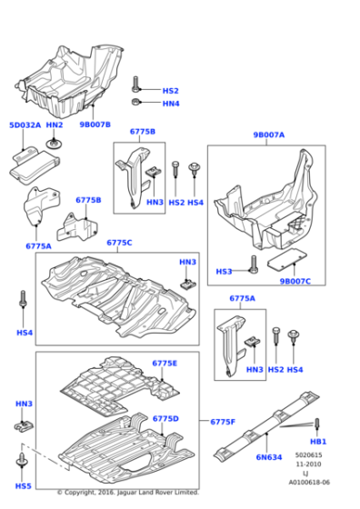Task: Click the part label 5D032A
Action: [x=25, y=125]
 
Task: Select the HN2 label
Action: [x=55, y=125]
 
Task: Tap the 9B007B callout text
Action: [x=95, y=125]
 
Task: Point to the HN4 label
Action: [x=171, y=104]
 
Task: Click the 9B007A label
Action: [x=269, y=135]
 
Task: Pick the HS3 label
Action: [x=224, y=271]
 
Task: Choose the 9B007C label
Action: [x=296, y=281]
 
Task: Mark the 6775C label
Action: [x=120, y=243]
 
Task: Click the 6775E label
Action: [x=165, y=363]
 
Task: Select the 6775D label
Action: [x=165, y=418]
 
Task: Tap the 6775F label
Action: [x=223, y=422]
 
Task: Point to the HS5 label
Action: [x=24, y=486]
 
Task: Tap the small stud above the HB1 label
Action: [x=318, y=425]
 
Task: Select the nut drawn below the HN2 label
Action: [x=56, y=143]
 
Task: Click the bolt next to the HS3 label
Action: [x=247, y=271]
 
